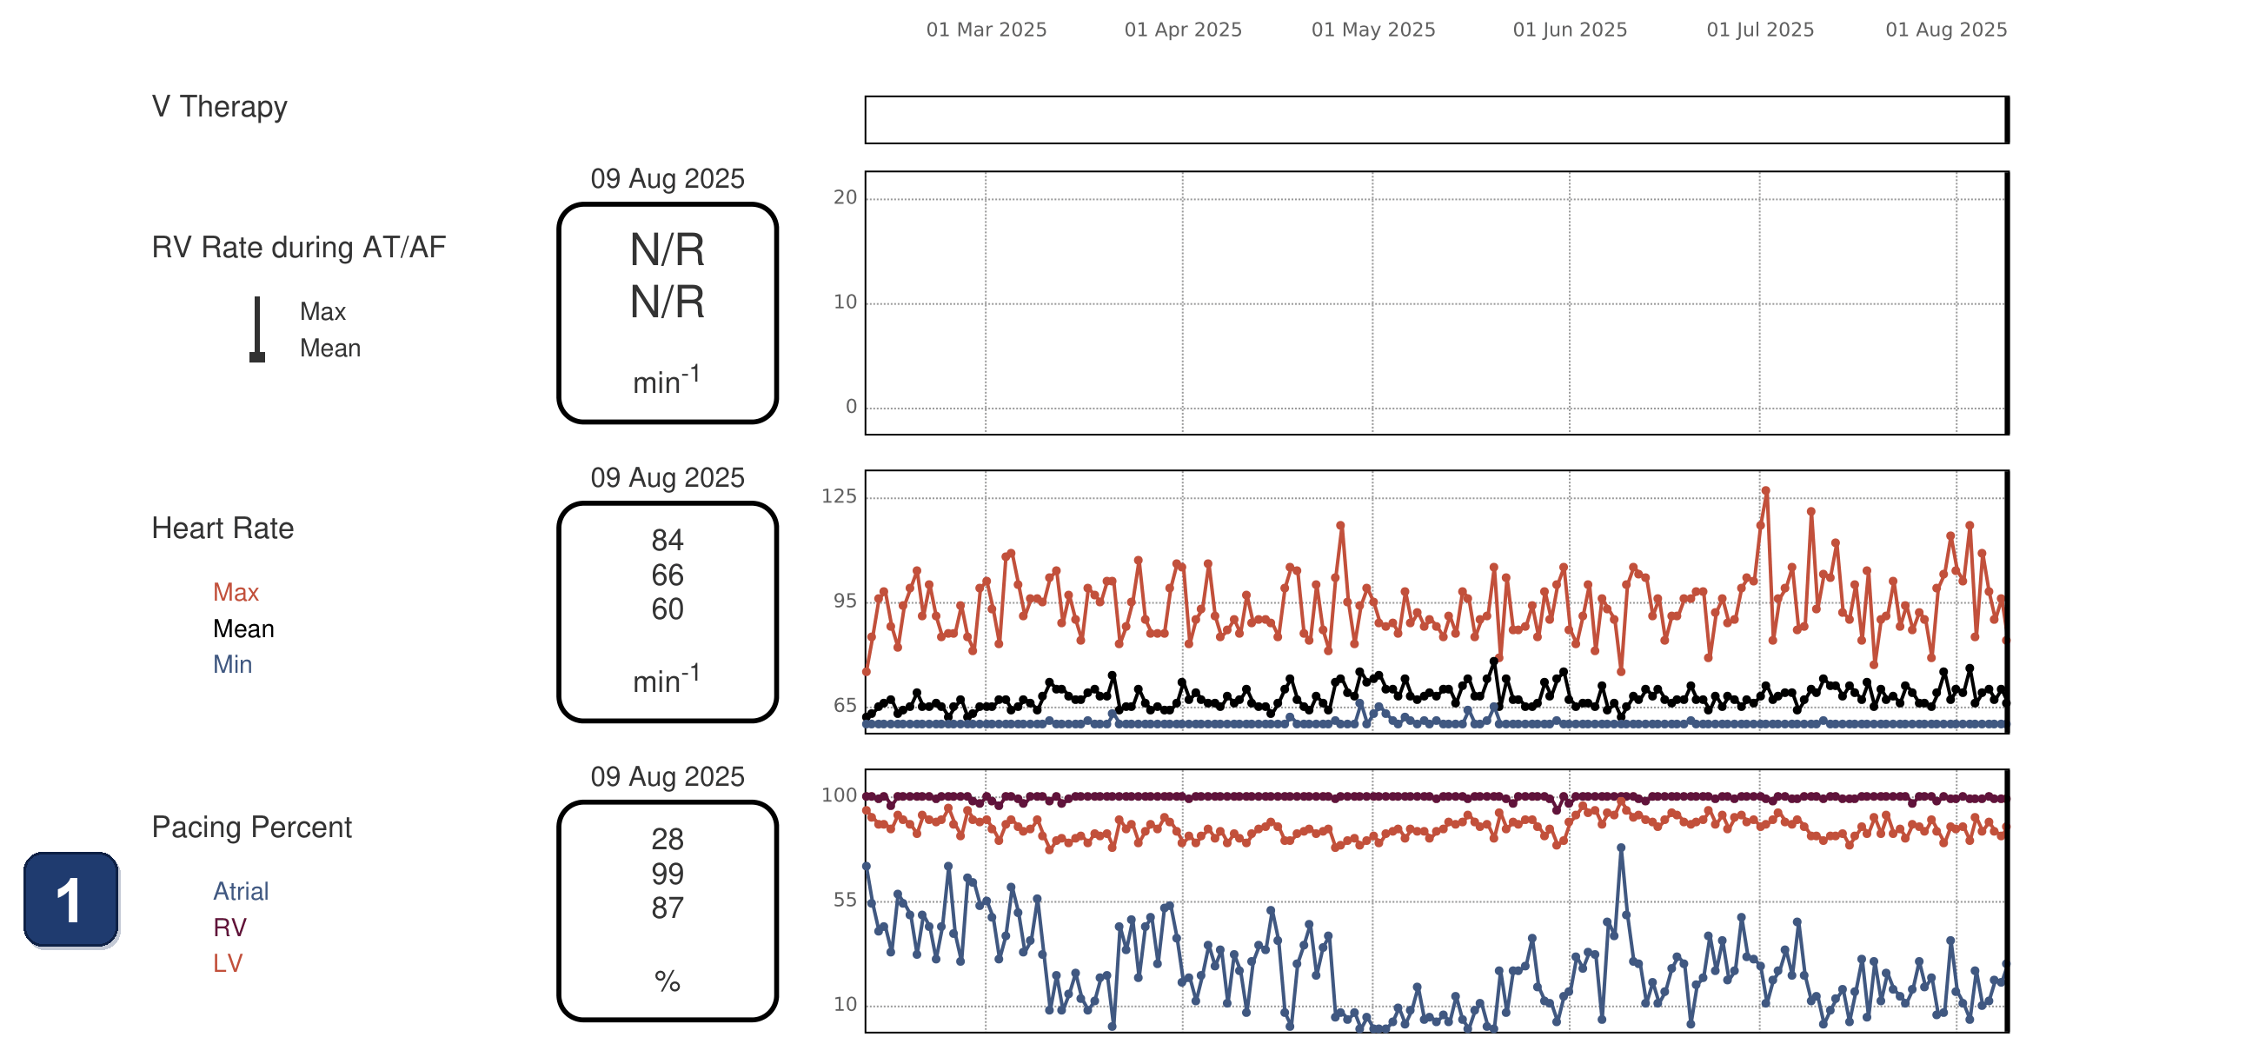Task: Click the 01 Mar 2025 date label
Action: (x=986, y=30)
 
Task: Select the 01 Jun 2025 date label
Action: (x=1570, y=30)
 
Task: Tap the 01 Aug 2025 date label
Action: (x=1946, y=30)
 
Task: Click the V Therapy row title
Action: (x=219, y=107)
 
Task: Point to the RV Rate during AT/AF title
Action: (x=299, y=248)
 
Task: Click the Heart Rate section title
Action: (x=223, y=529)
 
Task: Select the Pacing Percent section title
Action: (x=252, y=828)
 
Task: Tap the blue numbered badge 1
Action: (x=70, y=900)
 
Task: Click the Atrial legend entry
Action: (x=241, y=891)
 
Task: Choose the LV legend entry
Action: (x=228, y=962)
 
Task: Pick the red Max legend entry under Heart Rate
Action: (x=236, y=592)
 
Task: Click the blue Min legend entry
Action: (x=233, y=664)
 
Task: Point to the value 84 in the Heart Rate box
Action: (x=667, y=541)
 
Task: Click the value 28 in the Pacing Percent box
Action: (x=667, y=840)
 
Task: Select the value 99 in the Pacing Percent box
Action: (x=667, y=874)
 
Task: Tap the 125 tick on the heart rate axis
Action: (x=840, y=496)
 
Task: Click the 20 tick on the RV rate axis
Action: (x=846, y=197)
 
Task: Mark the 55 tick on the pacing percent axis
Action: (x=846, y=900)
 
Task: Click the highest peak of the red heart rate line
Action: (x=1766, y=490)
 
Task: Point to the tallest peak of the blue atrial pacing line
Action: (x=1621, y=848)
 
